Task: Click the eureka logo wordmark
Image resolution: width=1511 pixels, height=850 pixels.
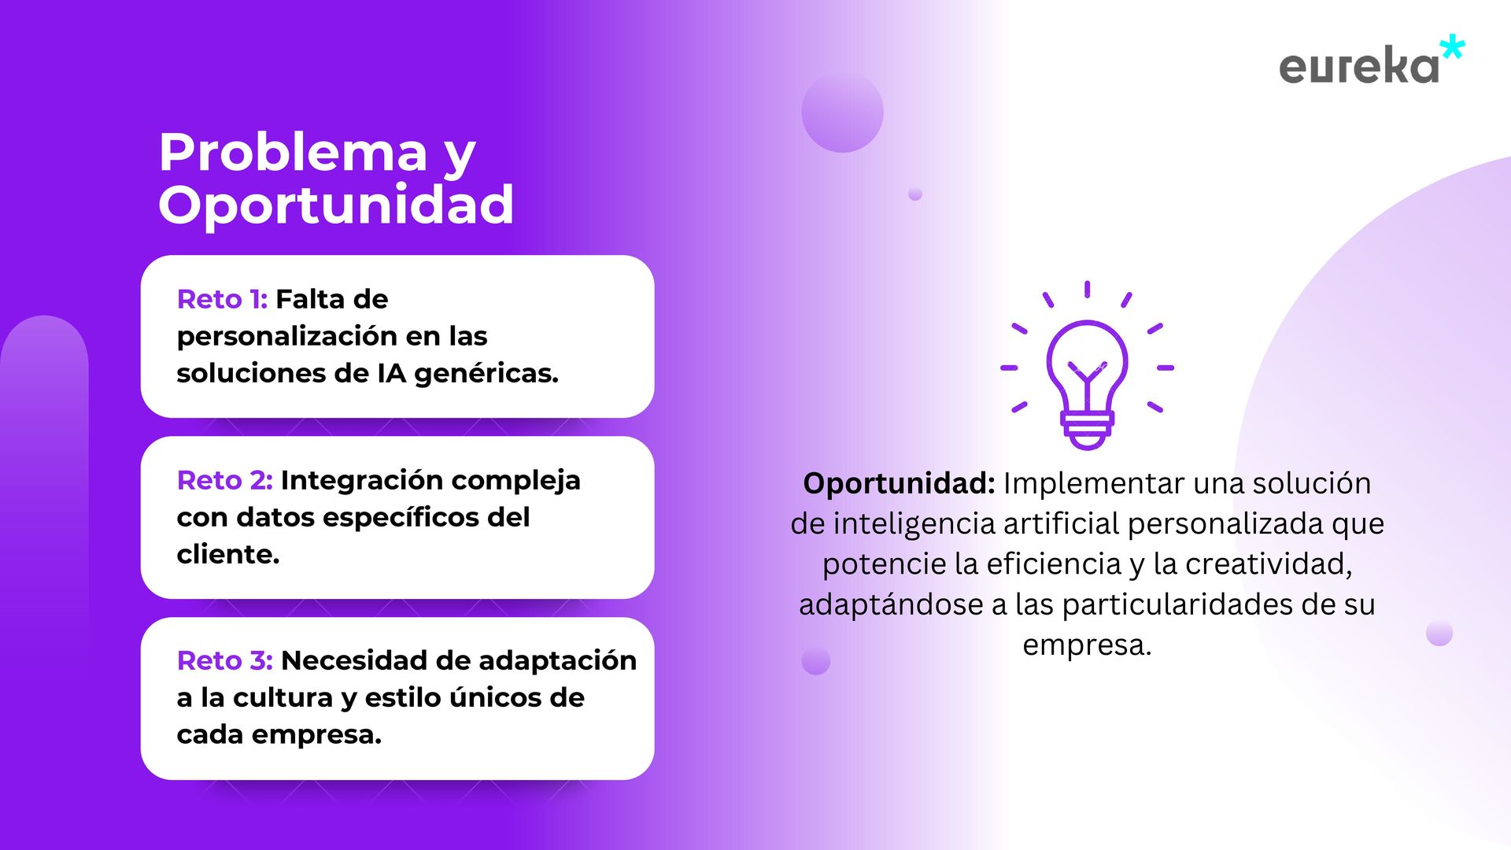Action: click(x=1359, y=66)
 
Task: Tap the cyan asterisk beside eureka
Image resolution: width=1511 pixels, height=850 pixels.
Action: click(x=1452, y=47)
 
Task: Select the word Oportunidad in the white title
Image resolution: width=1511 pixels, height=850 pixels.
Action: click(x=336, y=205)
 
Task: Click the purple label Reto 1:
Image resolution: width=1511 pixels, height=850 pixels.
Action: click(x=222, y=299)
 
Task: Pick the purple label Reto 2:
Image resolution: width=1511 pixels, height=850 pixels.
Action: click(x=224, y=480)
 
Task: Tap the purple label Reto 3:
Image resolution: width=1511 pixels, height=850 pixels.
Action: click(x=224, y=660)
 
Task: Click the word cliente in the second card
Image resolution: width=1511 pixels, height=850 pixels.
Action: click(x=224, y=554)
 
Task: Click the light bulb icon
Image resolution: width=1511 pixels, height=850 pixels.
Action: click(x=1087, y=366)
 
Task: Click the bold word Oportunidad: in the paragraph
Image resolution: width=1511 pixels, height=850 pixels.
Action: click(x=899, y=483)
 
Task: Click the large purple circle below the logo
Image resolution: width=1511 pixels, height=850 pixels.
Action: click(x=842, y=111)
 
